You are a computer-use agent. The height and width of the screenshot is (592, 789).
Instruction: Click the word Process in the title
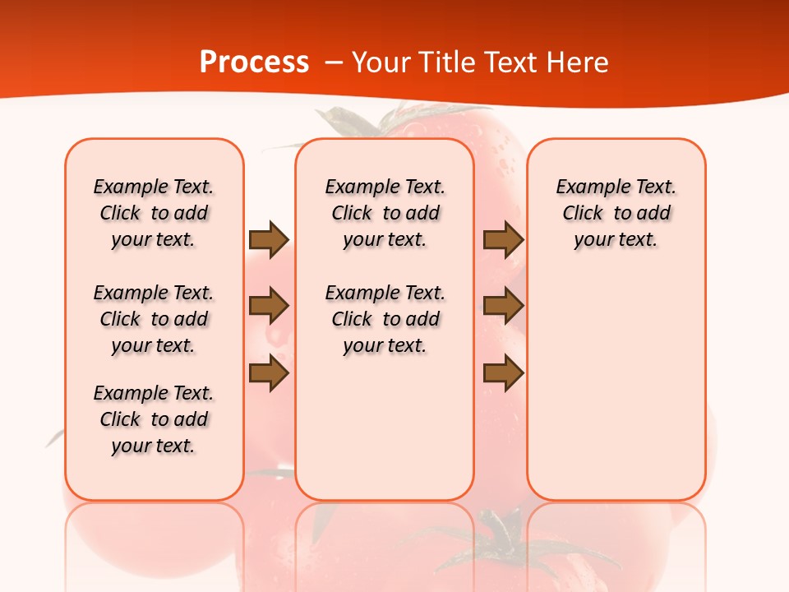click(254, 62)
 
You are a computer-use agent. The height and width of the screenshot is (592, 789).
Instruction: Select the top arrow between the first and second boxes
click(268, 239)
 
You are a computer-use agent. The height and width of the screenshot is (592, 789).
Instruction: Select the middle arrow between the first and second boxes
click(268, 307)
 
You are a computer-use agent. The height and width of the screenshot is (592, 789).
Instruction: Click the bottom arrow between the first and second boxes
click(268, 373)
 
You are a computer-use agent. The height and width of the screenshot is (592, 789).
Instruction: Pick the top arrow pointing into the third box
click(503, 239)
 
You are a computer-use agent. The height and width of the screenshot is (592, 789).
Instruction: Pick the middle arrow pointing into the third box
click(503, 307)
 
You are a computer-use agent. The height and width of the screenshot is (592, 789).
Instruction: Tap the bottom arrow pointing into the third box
click(503, 373)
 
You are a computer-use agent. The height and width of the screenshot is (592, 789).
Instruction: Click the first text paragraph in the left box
click(154, 213)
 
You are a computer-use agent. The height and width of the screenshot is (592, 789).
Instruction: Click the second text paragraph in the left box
click(154, 319)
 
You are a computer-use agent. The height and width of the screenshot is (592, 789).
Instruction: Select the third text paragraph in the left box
click(154, 419)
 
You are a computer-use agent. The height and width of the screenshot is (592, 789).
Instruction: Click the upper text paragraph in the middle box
click(385, 213)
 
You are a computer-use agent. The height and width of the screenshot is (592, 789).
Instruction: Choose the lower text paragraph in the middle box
click(385, 319)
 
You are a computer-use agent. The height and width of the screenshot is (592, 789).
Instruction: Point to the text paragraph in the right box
click(616, 213)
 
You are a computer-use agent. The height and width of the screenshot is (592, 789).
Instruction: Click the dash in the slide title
click(335, 62)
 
